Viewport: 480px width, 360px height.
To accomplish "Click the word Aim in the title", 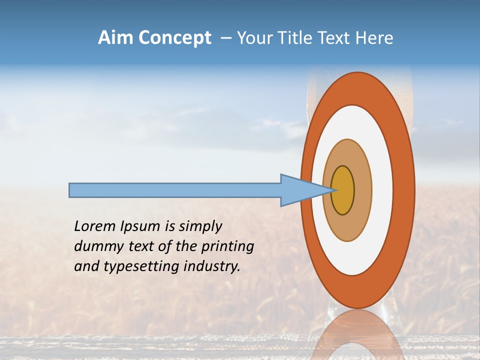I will [115, 38].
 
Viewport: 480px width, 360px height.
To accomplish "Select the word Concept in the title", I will [174, 38].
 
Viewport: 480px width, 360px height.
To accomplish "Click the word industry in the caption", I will [212, 266].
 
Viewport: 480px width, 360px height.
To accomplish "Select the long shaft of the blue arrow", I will [175, 190].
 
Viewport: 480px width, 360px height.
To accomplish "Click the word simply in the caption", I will [200, 227].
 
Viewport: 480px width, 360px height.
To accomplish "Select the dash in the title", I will [225, 38].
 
